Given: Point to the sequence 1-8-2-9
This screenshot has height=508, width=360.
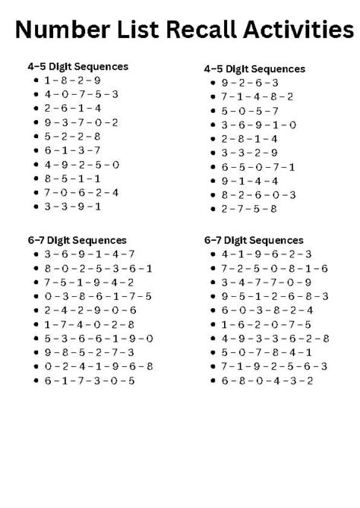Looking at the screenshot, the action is [72, 80].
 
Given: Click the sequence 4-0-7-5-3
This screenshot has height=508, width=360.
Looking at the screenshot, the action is [81, 94].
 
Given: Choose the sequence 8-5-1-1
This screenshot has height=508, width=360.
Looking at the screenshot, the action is [72, 178].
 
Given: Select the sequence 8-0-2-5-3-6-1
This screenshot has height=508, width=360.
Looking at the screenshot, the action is [98, 268].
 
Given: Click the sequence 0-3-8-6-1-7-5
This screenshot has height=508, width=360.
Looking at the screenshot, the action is [98, 296].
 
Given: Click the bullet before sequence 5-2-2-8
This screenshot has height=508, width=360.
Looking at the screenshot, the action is [36, 137].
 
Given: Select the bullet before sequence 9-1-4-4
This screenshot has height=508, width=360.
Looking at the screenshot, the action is [213, 181].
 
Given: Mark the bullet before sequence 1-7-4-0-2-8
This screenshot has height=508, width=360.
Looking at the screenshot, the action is [36, 324].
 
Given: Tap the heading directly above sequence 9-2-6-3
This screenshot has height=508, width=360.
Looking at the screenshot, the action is [254, 68].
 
